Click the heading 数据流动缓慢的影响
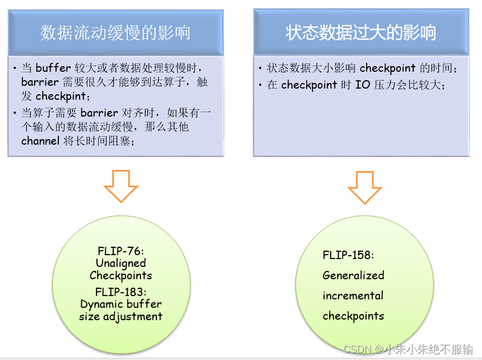[115, 33]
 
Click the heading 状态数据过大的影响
[361, 33]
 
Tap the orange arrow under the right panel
[365, 186]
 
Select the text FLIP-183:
[121, 292]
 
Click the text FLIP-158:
[348, 255]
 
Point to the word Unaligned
[121, 263]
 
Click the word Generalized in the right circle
[353, 275]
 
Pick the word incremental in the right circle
[353, 296]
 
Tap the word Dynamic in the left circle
[100, 304]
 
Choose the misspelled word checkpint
[61, 96]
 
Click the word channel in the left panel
[40, 141]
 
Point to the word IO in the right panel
[363, 85]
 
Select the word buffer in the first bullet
[53, 68]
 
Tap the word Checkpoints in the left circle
[121, 275]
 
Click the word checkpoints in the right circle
[353, 316]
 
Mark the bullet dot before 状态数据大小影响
[261, 68]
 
